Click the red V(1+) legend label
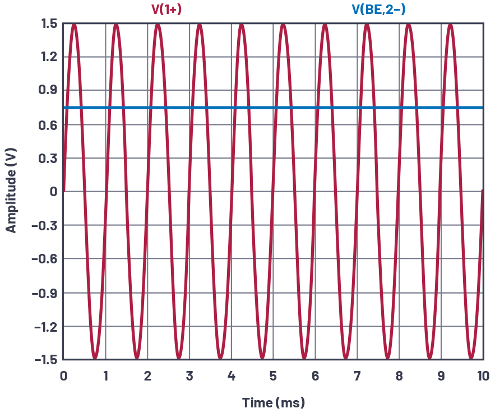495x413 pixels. [x=166, y=9]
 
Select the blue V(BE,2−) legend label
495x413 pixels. [x=378, y=9]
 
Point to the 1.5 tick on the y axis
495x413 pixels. [x=49, y=24]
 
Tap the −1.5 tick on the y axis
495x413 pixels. [x=45, y=360]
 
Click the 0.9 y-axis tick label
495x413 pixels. [x=49, y=90]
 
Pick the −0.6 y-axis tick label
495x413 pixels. [x=45, y=259]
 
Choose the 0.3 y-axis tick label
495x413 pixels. [x=49, y=158]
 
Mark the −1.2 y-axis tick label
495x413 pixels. [x=45, y=326]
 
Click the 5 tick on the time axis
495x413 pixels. [x=273, y=375]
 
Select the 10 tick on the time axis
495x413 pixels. [x=483, y=375]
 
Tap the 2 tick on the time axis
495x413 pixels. [x=147, y=375]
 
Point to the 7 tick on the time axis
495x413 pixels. [x=357, y=375]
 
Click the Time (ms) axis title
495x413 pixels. [x=274, y=402]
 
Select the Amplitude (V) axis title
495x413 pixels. [x=11, y=192]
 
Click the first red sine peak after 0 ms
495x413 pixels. [x=74, y=25]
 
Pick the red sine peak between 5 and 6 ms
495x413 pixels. [x=284, y=25]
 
